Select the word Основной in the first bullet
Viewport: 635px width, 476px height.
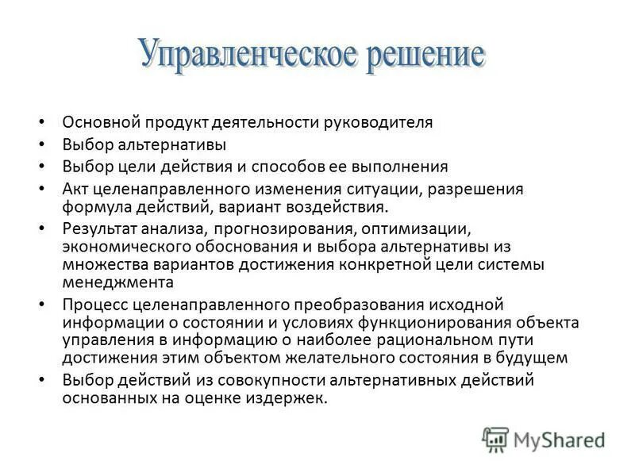pos(101,122)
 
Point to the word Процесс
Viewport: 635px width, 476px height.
pos(94,305)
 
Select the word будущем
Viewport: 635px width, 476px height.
pos(534,357)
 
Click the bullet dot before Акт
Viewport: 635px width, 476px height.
pos(42,190)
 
